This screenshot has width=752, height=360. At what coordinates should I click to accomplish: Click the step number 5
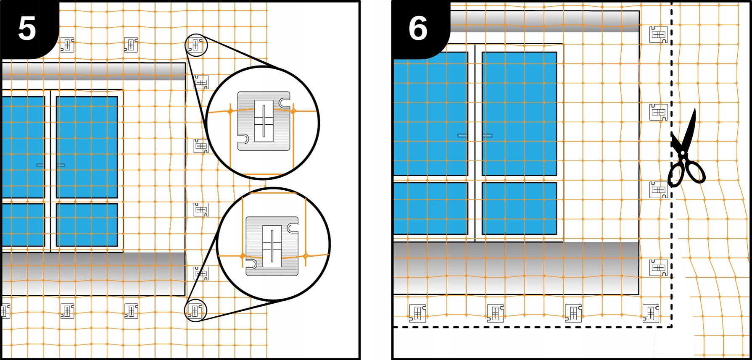tap(27, 29)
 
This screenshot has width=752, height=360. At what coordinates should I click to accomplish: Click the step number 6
tap(418, 29)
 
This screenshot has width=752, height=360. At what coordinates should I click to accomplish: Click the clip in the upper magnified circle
tap(264, 121)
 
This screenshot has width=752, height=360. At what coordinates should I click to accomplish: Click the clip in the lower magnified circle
tap(272, 246)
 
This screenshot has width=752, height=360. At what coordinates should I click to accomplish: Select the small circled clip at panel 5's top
tap(196, 45)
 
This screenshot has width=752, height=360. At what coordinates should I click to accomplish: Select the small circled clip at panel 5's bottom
tap(195, 311)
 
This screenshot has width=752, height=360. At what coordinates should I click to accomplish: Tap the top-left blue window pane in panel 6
tap(431, 113)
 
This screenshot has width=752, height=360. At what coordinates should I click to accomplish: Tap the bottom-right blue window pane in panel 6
tap(519, 208)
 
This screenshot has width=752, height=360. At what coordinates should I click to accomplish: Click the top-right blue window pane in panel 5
tap(87, 147)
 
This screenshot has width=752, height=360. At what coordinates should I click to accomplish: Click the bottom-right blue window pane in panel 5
tap(87, 225)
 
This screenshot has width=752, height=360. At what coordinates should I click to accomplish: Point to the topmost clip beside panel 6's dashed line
tap(658, 34)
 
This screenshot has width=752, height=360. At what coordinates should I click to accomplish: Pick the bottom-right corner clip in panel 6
tap(651, 313)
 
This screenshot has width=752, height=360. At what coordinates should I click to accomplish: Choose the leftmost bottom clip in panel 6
tap(417, 313)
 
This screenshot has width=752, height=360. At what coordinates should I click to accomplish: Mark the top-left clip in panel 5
tap(67, 45)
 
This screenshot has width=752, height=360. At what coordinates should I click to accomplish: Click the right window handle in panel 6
tap(487, 136)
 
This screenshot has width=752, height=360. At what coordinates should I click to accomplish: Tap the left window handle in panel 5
tap(40, 165)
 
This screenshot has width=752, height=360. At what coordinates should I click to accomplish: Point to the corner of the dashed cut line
tap(671, 326)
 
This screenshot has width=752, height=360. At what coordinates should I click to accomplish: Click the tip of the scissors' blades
tap(694, 108)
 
